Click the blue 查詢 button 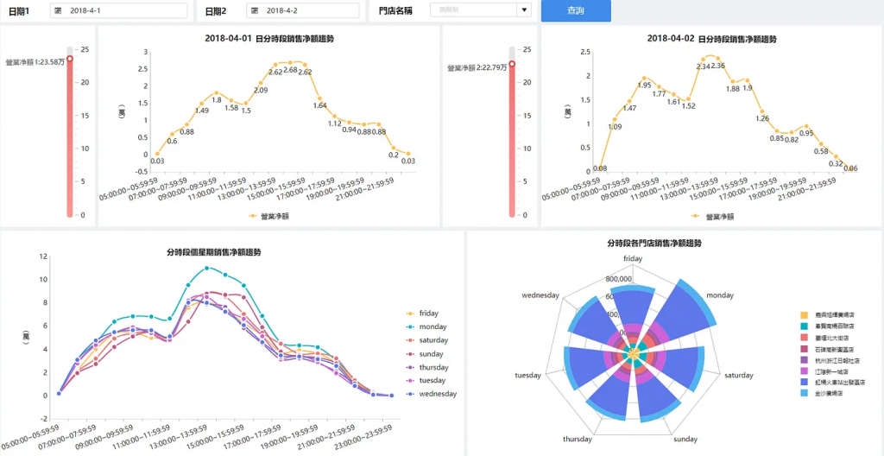576,11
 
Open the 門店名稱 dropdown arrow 523,11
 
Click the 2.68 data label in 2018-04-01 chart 290,70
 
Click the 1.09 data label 615,127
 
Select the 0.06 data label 850,168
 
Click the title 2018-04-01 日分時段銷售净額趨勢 269,39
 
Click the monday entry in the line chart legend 433,327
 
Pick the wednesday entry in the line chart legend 438,395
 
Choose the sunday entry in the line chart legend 431,354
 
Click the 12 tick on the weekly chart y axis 43,257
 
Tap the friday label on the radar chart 633,258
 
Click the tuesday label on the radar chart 527,376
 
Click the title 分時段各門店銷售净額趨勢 654,244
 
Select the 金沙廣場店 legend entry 832,393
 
